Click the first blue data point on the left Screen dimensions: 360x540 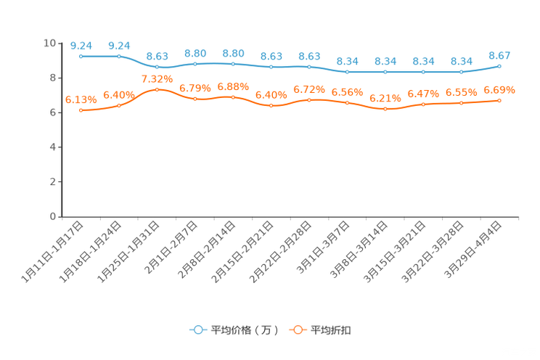coord(81,56)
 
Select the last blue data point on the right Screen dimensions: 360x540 coord(499,66)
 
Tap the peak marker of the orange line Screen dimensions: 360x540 coord(157,89)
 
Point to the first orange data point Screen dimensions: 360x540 coord(81,110)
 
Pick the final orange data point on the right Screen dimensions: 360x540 coord(499,101)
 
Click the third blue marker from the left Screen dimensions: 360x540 coord(157,67)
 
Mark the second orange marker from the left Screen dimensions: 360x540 coord(119,106)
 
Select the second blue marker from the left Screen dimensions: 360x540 coord(119,56)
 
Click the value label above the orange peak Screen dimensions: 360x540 coord(157,78)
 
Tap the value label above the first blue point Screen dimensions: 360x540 coord(81,45)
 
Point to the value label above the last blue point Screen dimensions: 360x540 coord(499,55)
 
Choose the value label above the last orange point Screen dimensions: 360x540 coord(499,90)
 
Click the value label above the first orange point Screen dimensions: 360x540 coord(81,100)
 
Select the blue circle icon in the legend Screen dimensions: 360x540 coord(197,330)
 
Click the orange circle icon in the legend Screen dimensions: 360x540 coord(296,330)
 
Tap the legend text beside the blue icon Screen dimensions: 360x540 coord(245,330)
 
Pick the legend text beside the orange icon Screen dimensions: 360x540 coord(331,330)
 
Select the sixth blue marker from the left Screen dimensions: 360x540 coord(271,67)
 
